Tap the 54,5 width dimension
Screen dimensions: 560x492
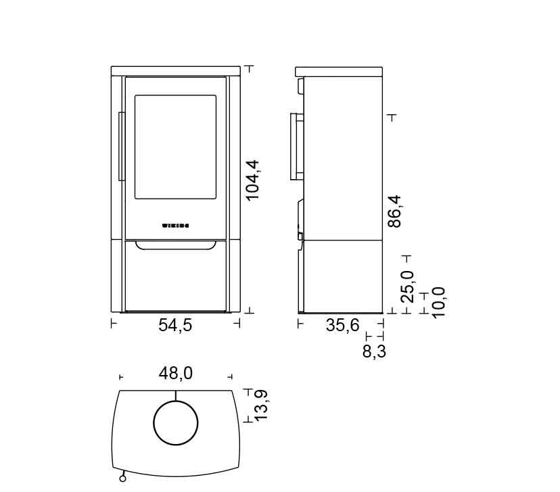coord(175,325)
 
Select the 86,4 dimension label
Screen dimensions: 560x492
coord(395,212)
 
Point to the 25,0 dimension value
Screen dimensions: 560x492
coord(407,287)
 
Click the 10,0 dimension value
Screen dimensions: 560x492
coord(438,303)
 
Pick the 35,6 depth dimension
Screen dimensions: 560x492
coord(342,325)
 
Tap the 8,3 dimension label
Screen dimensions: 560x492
coord(374,351)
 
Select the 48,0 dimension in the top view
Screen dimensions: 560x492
coord(176,374)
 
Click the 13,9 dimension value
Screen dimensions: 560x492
coord(261,405)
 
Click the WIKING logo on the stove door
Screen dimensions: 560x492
coord(176,226)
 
